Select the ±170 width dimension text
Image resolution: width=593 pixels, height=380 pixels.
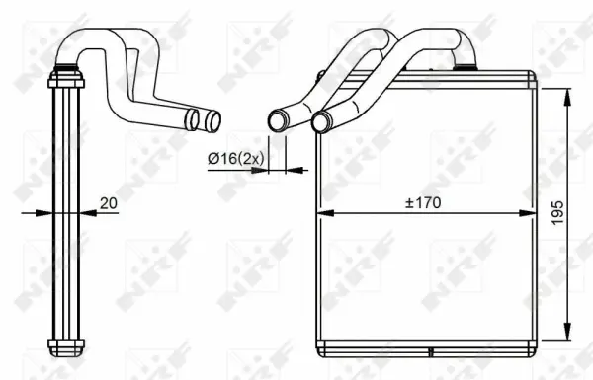422,203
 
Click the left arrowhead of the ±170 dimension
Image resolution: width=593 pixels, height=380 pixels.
321,212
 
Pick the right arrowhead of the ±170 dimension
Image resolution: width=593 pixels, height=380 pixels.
529,212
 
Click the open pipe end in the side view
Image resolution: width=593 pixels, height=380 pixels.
211,122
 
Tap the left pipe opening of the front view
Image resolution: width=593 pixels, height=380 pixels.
277,121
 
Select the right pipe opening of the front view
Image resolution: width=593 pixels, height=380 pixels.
319,122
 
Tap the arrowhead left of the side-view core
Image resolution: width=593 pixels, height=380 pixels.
42,212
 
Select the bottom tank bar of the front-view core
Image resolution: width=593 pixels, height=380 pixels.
425,344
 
